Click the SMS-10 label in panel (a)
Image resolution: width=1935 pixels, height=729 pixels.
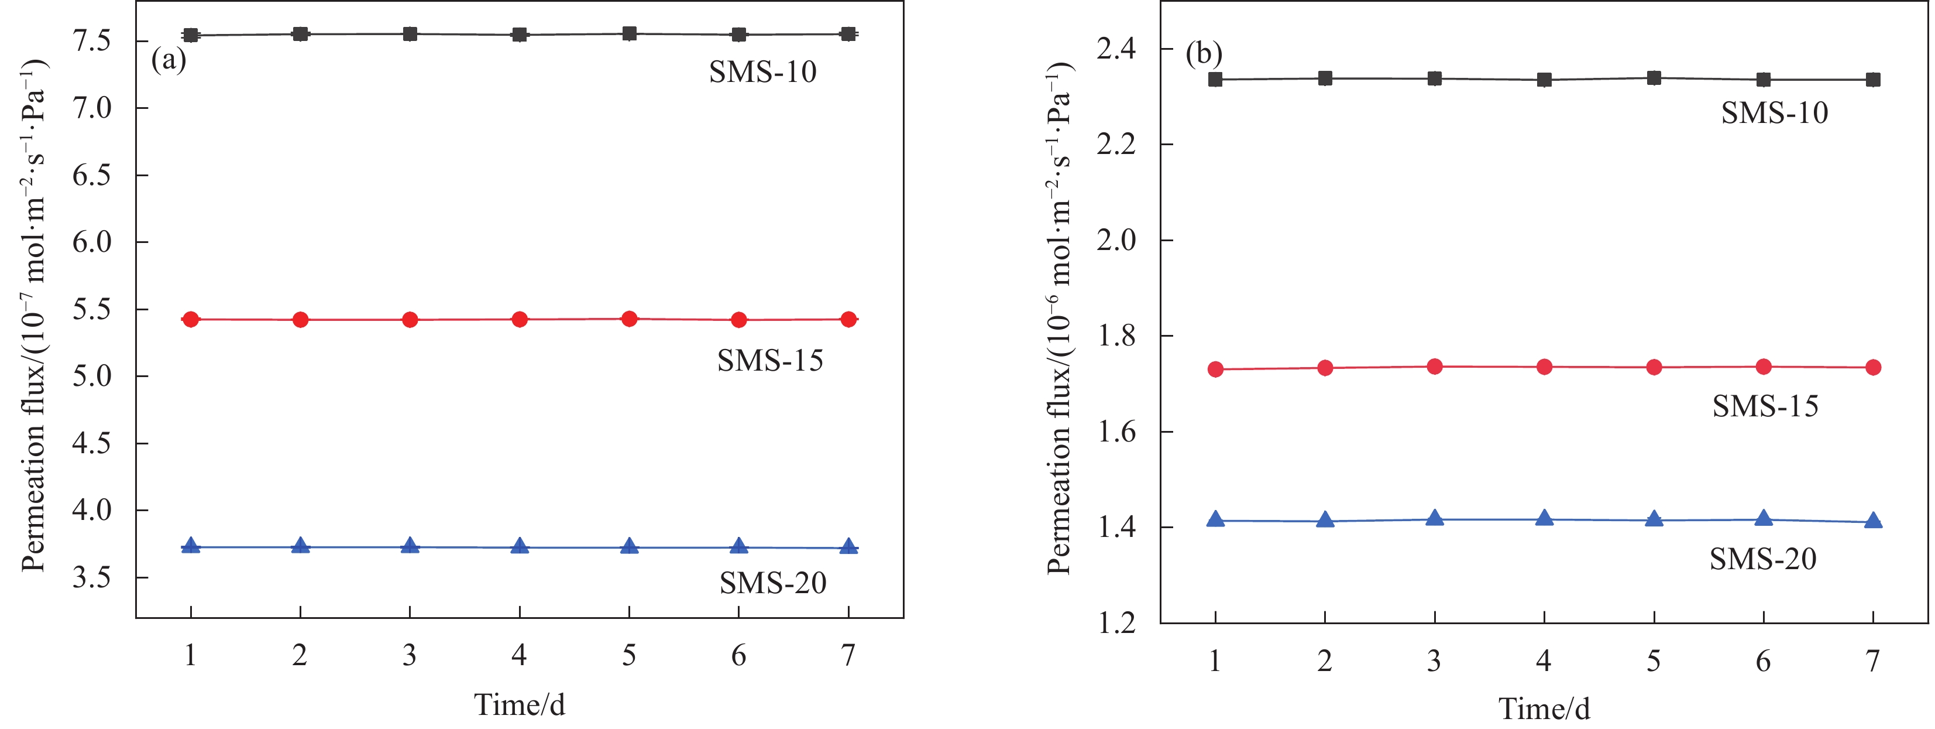762,72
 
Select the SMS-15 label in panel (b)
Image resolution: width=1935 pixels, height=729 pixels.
1765,406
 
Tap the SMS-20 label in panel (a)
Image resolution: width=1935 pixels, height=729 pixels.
772,583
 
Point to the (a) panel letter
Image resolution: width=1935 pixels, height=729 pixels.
169,59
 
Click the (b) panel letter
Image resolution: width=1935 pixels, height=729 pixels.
1204,54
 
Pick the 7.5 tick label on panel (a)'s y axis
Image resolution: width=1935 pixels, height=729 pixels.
92,40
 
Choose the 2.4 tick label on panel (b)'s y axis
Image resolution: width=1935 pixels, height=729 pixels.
1116,50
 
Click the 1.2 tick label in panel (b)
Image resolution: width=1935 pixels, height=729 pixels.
1116,623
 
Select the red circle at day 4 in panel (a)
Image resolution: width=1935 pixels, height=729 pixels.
519,319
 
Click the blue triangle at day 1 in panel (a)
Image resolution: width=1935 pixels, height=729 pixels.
191,546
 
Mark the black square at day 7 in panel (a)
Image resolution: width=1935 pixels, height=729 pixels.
848,34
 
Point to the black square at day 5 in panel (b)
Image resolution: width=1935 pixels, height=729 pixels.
1654,78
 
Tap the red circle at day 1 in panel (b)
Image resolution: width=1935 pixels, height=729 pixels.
1215,369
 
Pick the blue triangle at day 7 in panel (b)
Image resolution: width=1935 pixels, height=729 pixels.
1872,520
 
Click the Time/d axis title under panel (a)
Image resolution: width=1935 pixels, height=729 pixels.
519,704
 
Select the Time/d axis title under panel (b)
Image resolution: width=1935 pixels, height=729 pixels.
1544,709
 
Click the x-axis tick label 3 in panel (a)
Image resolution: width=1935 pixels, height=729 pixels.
410,656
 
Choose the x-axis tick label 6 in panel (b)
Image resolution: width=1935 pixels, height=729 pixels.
1763,661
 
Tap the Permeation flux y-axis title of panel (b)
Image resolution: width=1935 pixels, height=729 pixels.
1059,319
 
